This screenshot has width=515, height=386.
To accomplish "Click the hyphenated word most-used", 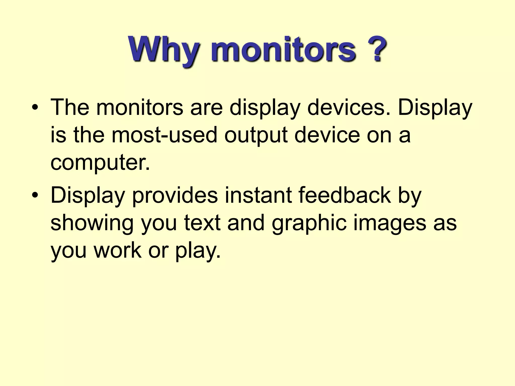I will [x=164, y=135].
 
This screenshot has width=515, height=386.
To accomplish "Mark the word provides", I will [x=175, y=196].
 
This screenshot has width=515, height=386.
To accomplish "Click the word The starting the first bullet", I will [x=70, y=108].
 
